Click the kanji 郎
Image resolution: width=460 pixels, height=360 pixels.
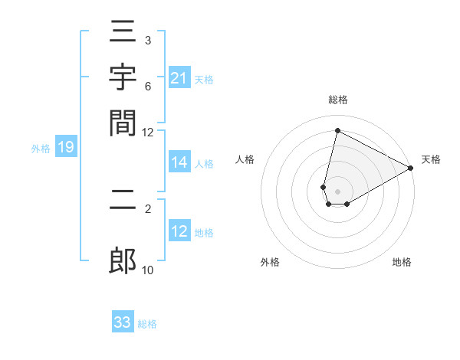[123, 261]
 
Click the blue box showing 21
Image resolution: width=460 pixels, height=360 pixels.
[179, 77]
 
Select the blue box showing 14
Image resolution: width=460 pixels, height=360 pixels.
[179, 162]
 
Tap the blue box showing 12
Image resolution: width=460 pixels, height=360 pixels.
[179, 232]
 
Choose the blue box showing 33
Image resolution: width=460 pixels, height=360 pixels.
[123, 322]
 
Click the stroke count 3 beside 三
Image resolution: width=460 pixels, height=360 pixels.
[147, 40]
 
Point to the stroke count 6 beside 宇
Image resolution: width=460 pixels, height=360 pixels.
[147, 87]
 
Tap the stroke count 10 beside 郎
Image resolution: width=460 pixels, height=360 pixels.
[147, 270]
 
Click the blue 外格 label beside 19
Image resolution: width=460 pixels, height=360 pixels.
[41, 149]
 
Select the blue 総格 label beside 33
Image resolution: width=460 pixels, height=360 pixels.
[147, 324]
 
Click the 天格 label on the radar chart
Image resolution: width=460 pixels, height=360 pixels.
[431, 159]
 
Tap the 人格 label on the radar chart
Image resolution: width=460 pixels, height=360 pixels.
[245, 159]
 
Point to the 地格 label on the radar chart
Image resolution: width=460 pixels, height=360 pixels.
[402, 262]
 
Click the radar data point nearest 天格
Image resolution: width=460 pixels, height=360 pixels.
[411, 169]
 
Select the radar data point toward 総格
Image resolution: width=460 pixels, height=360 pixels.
[337, 130]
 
